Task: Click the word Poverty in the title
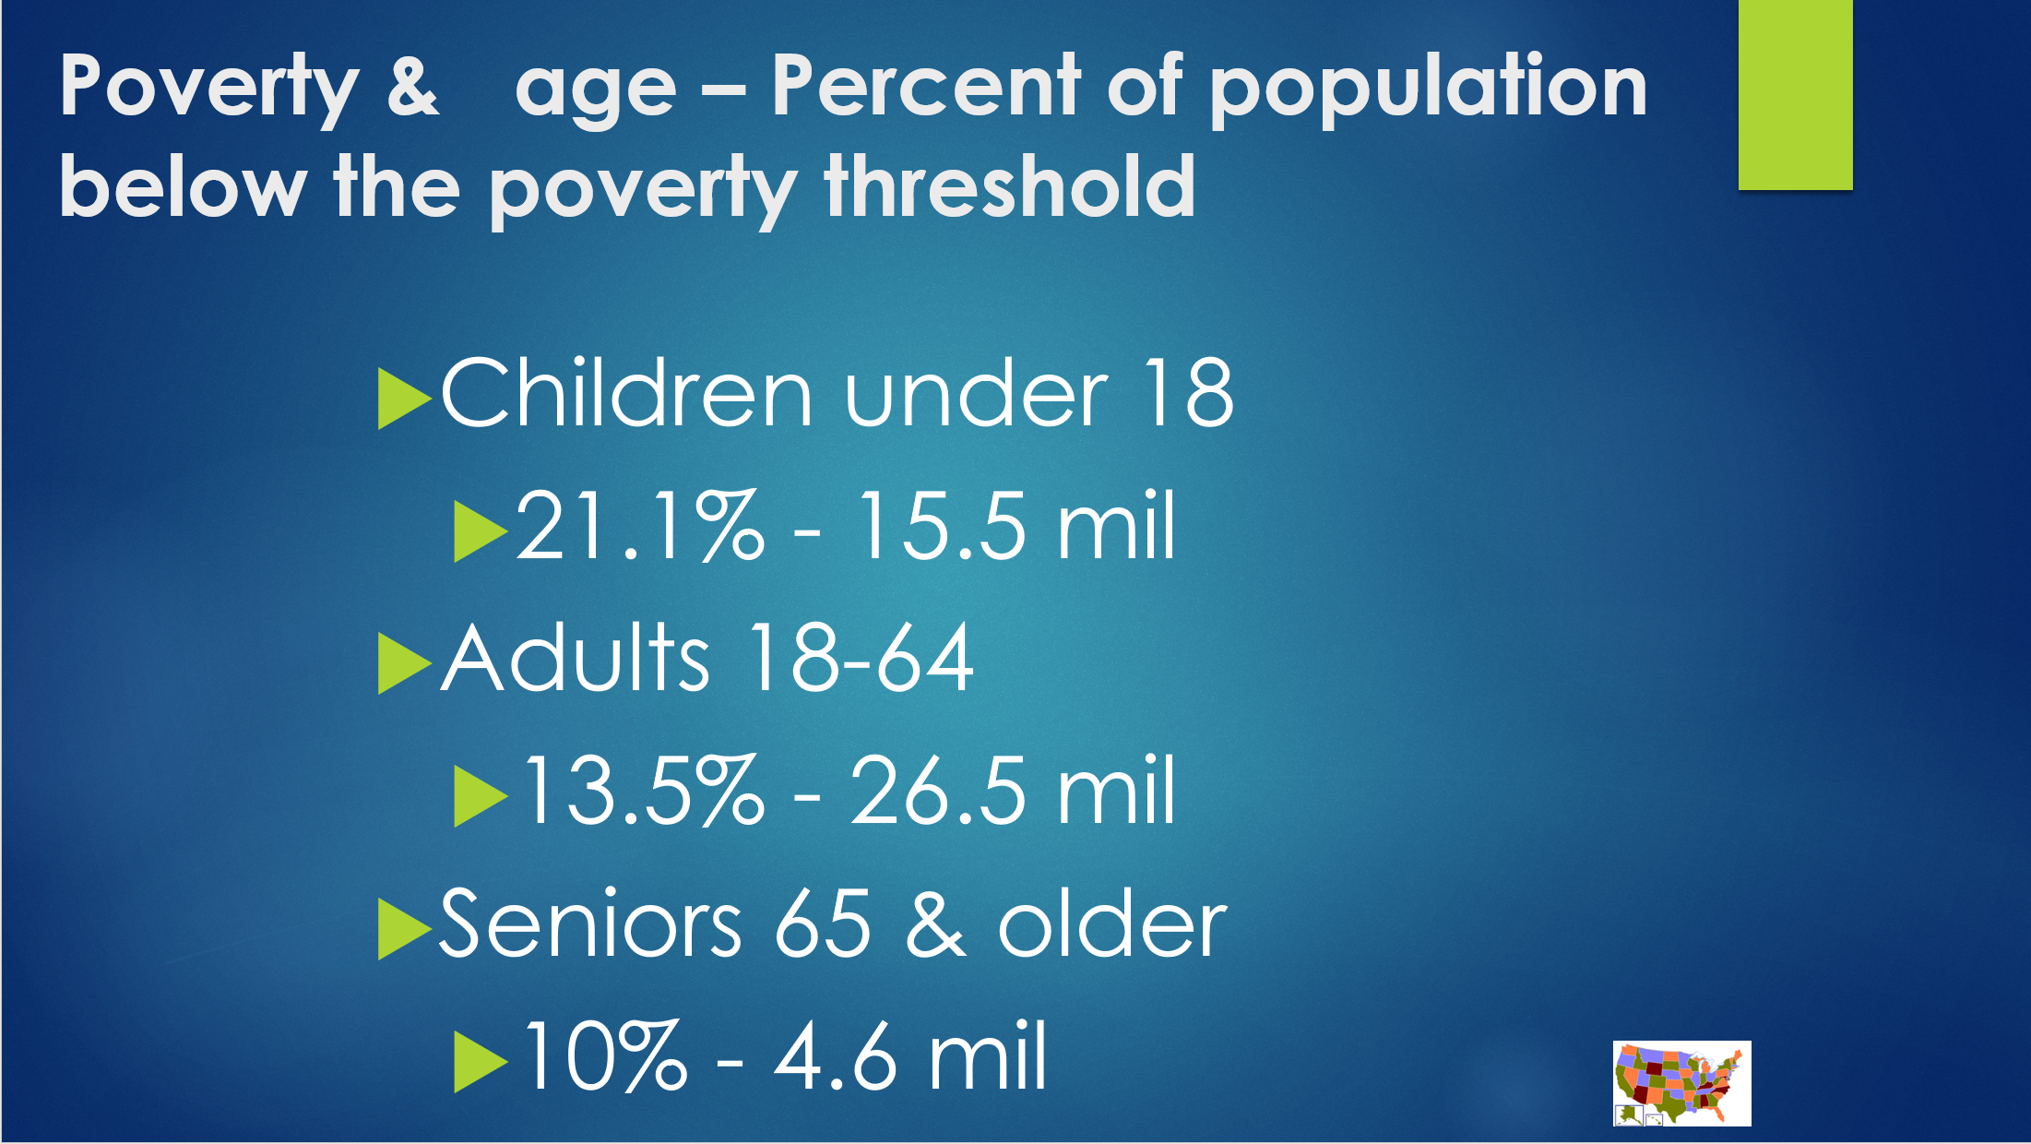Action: (209, 90)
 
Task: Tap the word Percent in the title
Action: (926, 84)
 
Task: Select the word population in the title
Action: (1428, 89)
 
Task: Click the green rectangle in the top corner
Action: (1795, 94)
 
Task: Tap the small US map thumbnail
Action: (1681, 1083)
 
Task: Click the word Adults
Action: (576, 657)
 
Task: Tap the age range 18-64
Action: (861, 657)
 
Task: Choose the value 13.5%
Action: (644, 790)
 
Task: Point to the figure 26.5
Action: (937, 790)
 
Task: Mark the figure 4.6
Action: (835, 1055)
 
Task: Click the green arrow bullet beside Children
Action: (403, 399)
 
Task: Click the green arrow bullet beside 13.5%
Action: (480, 796)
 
